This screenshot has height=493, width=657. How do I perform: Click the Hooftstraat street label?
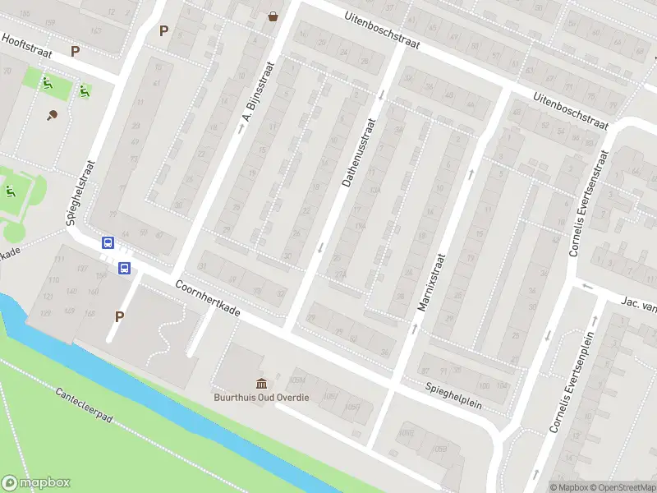click(26, 45)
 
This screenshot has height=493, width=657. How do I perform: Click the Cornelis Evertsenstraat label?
click(587, 202)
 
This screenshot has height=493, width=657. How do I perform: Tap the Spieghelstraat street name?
click(80, 192)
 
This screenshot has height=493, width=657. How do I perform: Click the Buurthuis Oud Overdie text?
click(262, 398)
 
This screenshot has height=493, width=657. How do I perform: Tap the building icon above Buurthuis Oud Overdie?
click(262, 383)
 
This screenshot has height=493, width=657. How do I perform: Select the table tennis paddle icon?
click(53, 115)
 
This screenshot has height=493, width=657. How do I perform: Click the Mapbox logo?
click(36, 483)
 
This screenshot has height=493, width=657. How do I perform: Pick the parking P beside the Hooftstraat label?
click(76, 51)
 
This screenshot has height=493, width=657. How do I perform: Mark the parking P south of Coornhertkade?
click(120, 316)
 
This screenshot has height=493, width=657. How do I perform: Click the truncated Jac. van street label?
click(638, 304)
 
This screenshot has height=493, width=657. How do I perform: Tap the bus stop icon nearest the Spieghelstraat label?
click(108, 242)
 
